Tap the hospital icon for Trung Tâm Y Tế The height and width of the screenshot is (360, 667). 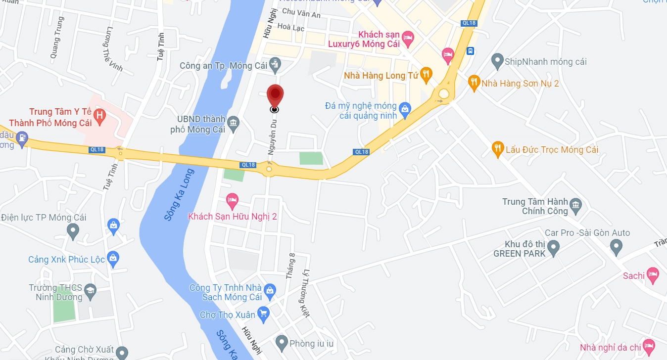point(99,117)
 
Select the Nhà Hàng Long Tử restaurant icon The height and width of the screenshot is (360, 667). point(426,75)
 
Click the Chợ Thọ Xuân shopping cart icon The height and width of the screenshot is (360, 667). point(263,314)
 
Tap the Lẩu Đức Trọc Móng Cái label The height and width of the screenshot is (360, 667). point(552,149)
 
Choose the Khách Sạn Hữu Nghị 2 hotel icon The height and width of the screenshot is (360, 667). point(232,200)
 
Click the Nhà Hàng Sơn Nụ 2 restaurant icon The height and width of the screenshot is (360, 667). point(474,82)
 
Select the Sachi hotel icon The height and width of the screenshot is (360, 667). point(653,275)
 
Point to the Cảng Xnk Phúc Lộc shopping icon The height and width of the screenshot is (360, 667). point(113,258)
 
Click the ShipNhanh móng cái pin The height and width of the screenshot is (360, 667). point(497,61)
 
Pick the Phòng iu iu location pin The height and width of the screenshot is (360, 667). point(282,341)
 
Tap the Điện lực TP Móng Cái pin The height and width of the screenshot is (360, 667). point(73,230)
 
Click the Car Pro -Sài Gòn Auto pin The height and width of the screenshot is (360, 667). point(616,245)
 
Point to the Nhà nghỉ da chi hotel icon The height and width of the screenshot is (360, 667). point(649,346)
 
